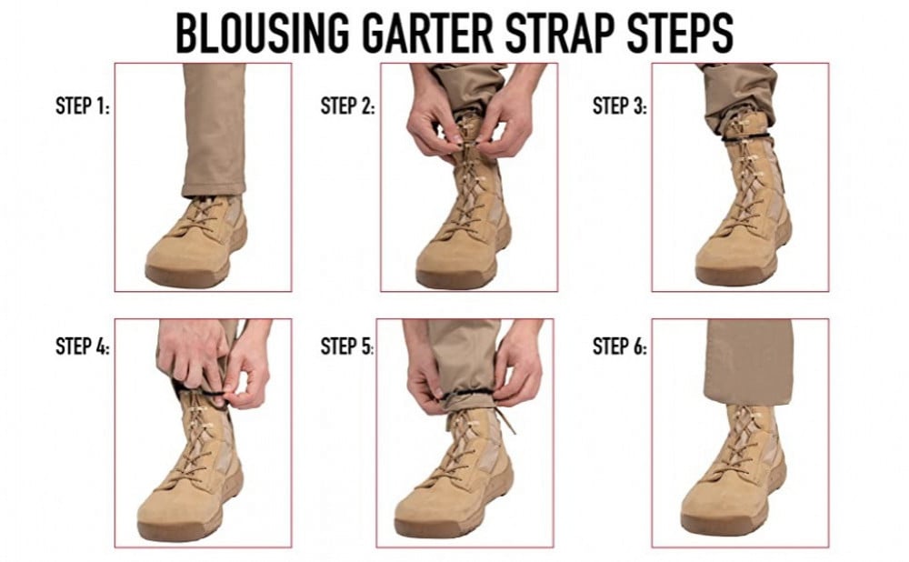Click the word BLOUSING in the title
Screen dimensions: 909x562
point(263,33)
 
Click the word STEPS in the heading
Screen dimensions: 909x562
point(680,33)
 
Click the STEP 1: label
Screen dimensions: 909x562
point(83,105)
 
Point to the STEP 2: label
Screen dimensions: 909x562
point(348,105)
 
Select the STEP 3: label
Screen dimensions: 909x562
point(620,105)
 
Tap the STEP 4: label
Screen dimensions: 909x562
point(83,346)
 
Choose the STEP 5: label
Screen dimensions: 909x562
point(347,346)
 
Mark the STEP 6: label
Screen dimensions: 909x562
point(620,346)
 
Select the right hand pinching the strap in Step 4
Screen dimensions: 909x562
point(249,371)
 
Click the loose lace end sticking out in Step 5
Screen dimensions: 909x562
point(505,421)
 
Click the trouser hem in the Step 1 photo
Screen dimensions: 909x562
point(214,189)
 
